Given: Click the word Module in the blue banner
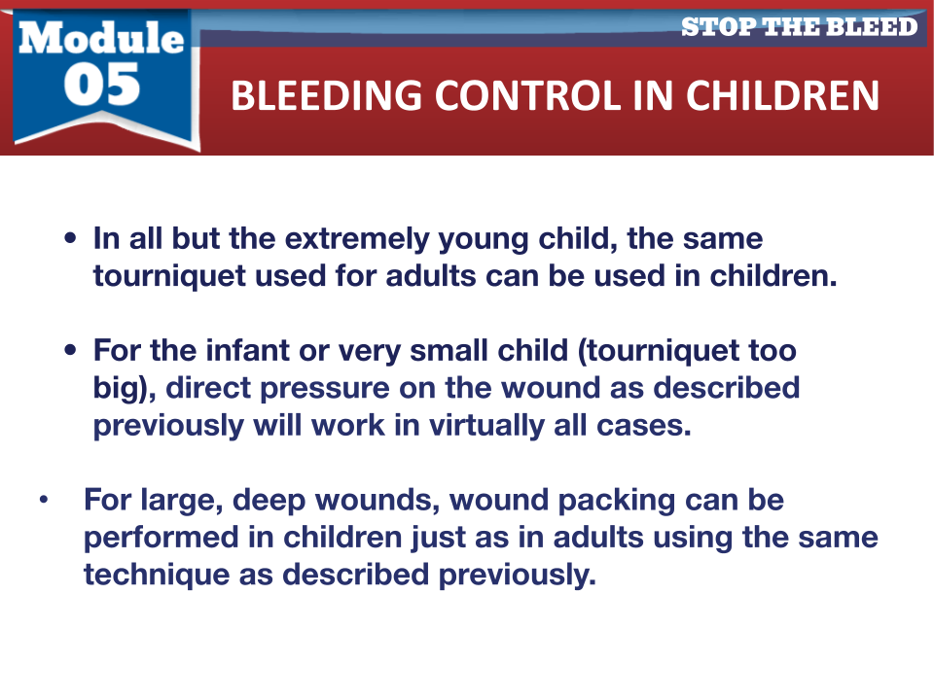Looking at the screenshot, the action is click(x=101, y=38).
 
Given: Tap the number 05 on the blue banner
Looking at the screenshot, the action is click(x=102, y=85).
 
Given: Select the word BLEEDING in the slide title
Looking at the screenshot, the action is click(x=327, y=95).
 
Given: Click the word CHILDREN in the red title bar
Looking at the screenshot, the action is click(x=782, y=95).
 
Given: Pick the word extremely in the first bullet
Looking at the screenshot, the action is click(x=357, y=239).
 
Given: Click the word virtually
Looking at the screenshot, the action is click(x=486, y=426).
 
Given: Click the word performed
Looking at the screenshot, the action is click(x=161, y=538).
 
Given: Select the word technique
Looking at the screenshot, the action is click(x=156, y=575).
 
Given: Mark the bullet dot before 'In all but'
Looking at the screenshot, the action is click(x=70, y=239).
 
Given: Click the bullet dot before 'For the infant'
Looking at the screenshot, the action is click(x=70, y=350).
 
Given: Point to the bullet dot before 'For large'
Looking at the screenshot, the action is click(x=44, y=500).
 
